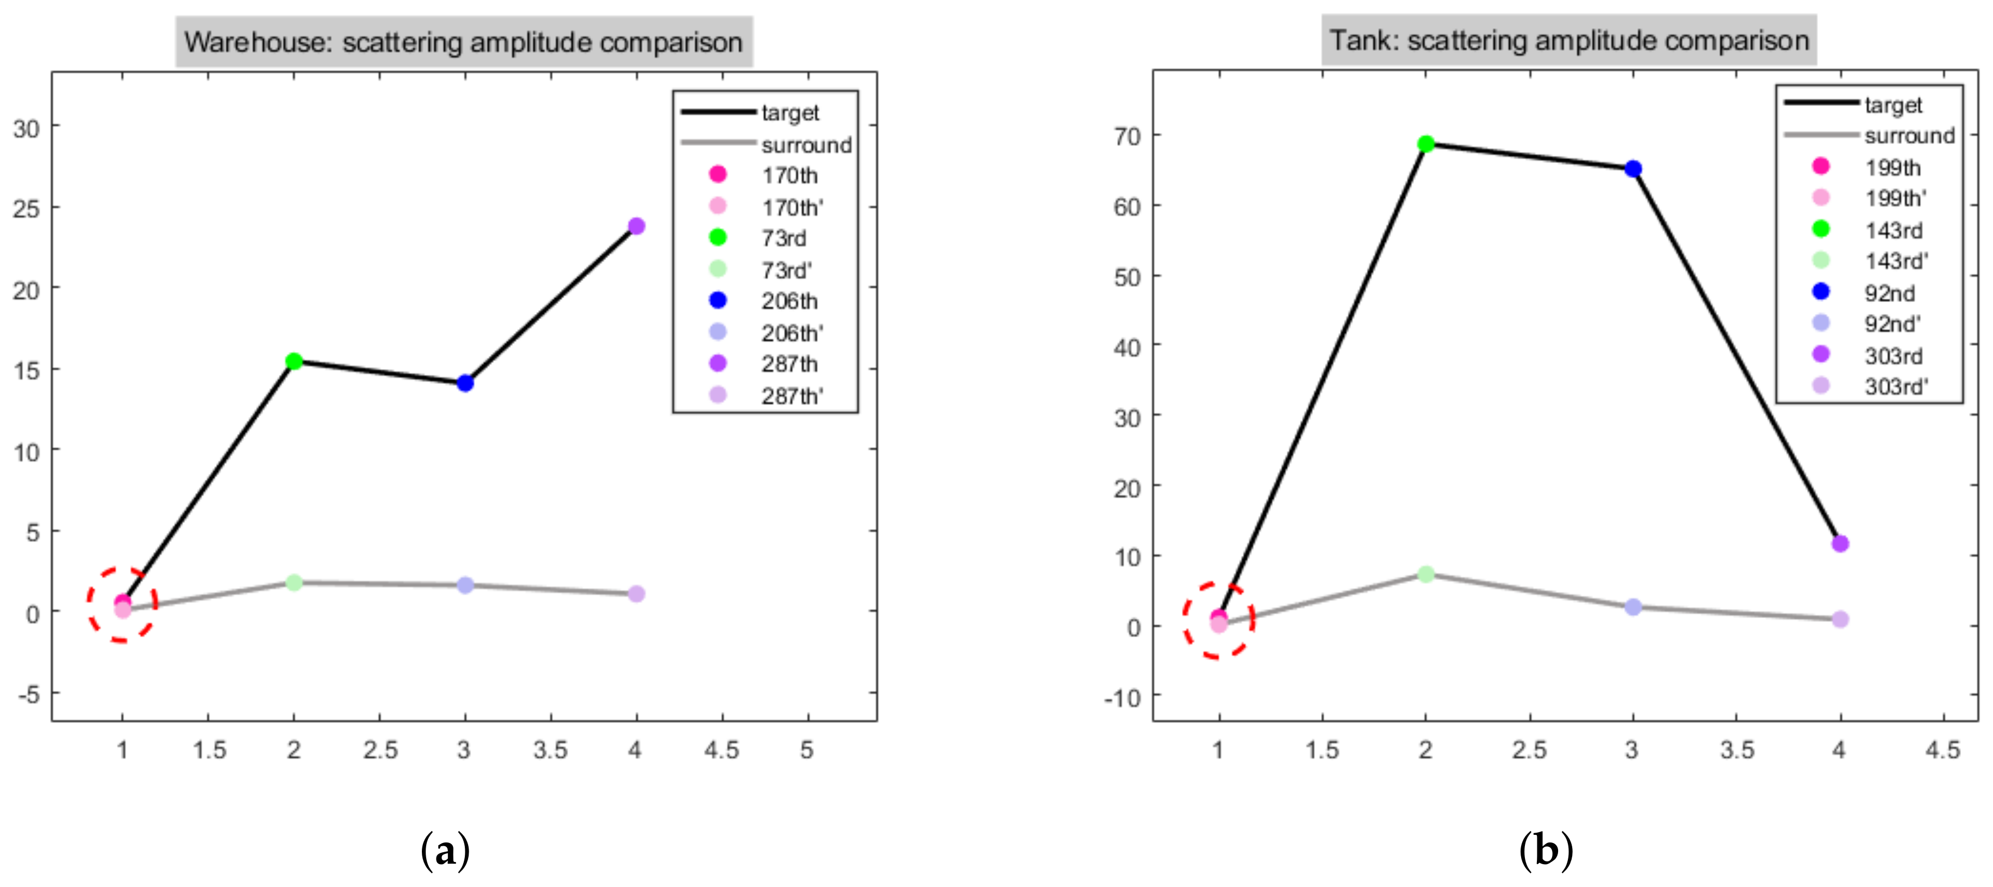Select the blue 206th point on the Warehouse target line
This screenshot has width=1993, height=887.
[x=465, y=383]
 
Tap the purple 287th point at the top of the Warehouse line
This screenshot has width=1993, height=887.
[x=636, y=226]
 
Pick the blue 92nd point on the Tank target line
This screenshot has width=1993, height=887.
[x=1633, y=168]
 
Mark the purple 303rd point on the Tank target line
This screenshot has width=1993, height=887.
[x=1840, y=544]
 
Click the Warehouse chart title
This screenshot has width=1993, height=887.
[x=463, y=42]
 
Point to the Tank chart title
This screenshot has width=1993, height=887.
[x=1569, y=40]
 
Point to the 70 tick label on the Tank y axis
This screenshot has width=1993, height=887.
[x=1128, y=136]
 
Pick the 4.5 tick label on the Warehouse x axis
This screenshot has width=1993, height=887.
[x=721, y=750]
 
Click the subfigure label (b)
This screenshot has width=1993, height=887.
[x=1546, y=851]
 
